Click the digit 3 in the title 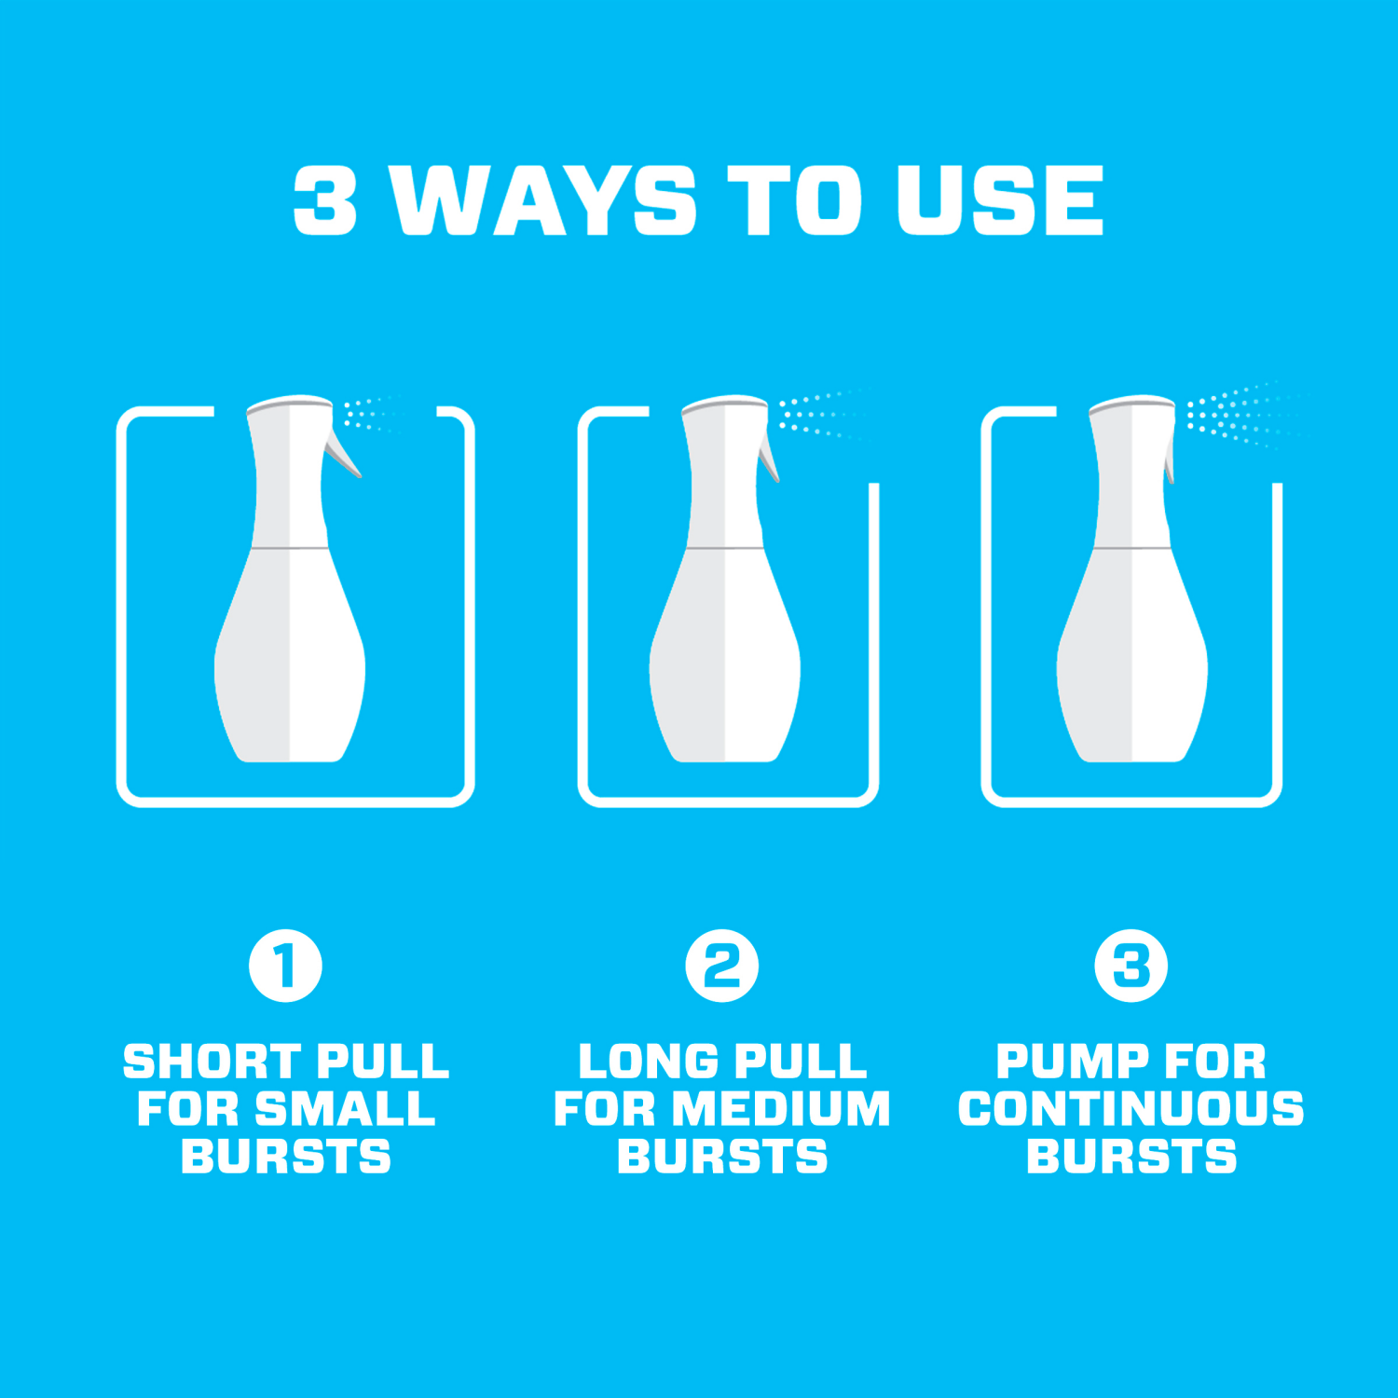point(325,200)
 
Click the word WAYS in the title point(543,200)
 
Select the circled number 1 point(285,966)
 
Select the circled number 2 point(721,966)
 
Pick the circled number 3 point(1131,966)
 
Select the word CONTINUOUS point(1131,1109)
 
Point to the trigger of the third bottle point(1170,460)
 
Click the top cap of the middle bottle point(724,404)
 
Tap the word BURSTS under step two point(721,1157)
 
